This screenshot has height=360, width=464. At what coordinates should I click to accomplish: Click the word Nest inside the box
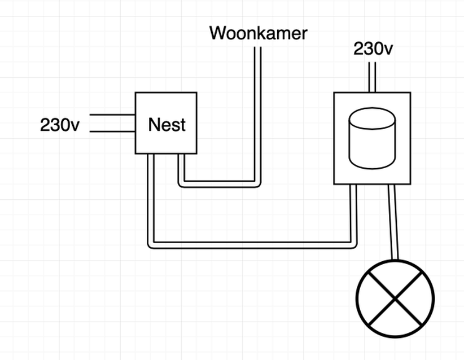[x=167, y=125]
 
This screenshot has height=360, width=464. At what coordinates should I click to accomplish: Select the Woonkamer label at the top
[x=258, y=33]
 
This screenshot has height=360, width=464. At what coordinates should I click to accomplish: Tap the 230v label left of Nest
[x=60, y=125]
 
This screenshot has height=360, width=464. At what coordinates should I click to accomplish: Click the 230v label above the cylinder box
[x=373, y=49]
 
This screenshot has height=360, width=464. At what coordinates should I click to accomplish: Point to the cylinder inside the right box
[x=371, y=138]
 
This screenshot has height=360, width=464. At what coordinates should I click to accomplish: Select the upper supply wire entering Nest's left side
[x=112, y=115]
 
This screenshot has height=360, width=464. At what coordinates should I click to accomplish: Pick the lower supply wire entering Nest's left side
[x=112, y=132]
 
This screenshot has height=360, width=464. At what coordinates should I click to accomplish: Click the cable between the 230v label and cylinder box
[x=372, y=77]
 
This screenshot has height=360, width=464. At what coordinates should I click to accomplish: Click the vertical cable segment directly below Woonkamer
[x=257, y=113]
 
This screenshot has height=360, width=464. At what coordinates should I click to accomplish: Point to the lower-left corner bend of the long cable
[x=150, y=244]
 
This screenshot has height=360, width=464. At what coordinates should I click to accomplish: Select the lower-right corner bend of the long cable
[x=354, y=244]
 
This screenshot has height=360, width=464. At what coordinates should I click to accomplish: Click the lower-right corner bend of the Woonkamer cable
[x=257, y=184]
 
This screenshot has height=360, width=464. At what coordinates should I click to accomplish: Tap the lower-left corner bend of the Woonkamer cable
[x=181, y=184]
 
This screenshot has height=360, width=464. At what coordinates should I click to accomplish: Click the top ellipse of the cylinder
[x=371, y=119]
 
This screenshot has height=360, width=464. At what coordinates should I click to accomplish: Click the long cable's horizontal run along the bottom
[x=251, y=245]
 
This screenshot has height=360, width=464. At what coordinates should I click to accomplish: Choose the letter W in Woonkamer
[x=218, y=33]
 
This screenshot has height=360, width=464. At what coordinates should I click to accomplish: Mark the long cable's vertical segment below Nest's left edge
[x=150, y=197]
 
